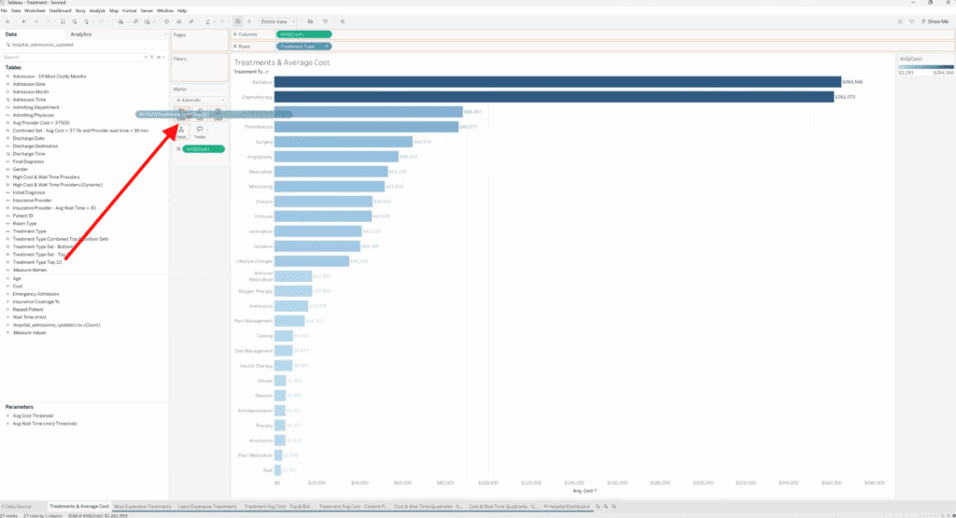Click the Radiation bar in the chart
[x=556, y=81]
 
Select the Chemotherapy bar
[x=553, y=96]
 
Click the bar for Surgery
[x=343, y=142]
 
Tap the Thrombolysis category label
[x=258, y=127]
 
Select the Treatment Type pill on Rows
[x=304, y=46]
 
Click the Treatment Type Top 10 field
[x=37, y=262]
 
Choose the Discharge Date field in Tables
[x=29, y=138]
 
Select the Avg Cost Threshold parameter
[x=38, y=416]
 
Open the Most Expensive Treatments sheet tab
[x=143, y=506]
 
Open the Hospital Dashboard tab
[x=569, y=506]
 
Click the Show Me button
[x=936, y=21]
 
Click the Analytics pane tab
[x=81, y=34]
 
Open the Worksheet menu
[x=36, y=10]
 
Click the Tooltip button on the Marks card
[x=200, y=131]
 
